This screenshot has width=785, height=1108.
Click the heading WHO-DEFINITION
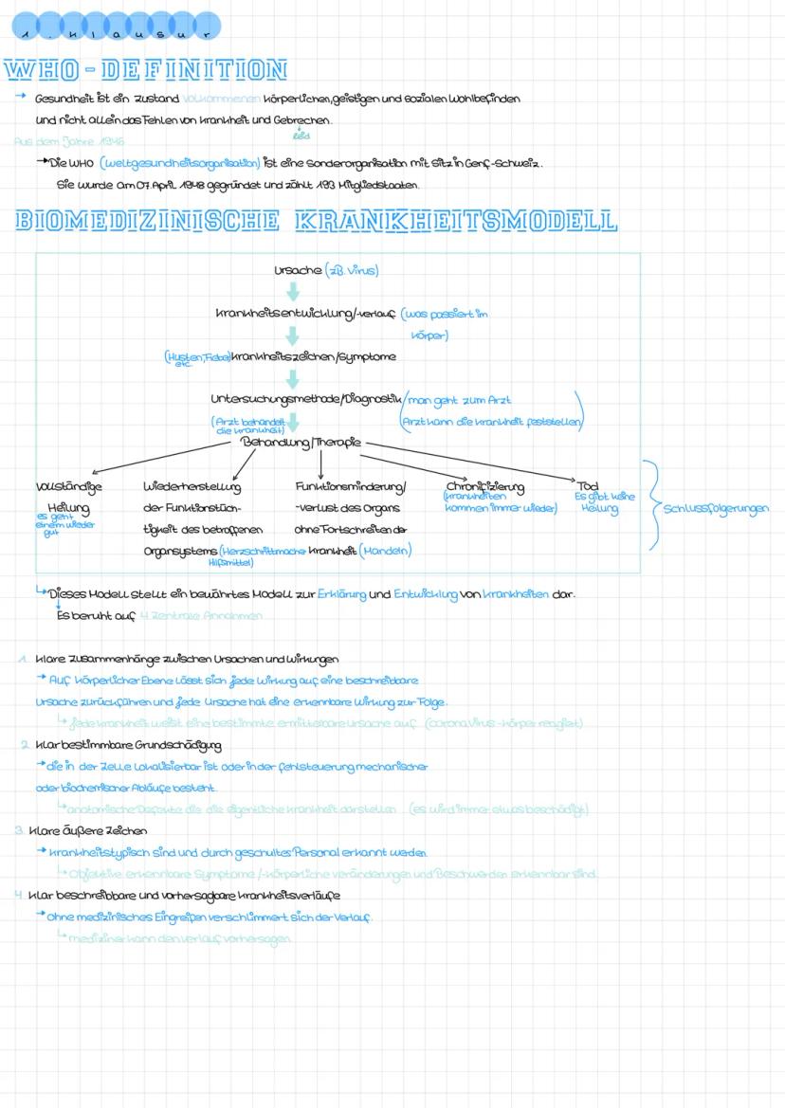click(x=145, y=71)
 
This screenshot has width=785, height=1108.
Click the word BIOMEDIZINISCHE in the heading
click(x=147, y=222)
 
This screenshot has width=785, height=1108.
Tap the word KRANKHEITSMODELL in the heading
click(x=456, y=222)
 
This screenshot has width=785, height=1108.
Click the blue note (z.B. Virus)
click(x=352, y=271)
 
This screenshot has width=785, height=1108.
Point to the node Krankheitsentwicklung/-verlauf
click(x=304, y=314)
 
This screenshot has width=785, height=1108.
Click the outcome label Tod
click(x=588, y=486)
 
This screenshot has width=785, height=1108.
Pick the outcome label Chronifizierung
click(x=484, y=487)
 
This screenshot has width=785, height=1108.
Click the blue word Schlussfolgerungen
click(x=715, y=508)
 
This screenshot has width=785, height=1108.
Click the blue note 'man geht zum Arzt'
click(x=466, y=401)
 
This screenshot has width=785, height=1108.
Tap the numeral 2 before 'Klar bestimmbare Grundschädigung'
click(x=24, y=745)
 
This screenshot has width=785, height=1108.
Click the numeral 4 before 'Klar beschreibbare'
click(x=18, y=895)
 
